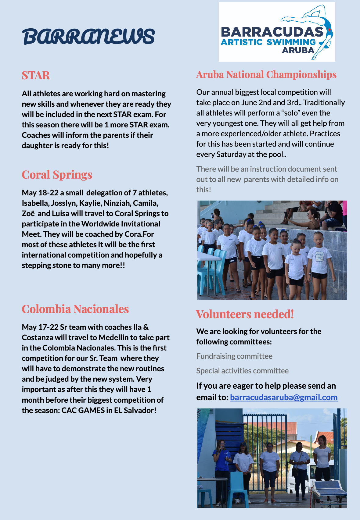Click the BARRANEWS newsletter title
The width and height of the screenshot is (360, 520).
pos(88,37)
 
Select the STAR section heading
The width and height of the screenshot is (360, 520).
pos(36,75)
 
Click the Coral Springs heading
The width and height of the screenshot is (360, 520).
pos(57,175)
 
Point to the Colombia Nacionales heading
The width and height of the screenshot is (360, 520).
pos(75,309)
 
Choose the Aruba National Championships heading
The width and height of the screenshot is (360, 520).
pos(266,75)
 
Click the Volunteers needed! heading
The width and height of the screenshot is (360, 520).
pos(245,314)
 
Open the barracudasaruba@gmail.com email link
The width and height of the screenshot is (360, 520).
pos(284,397)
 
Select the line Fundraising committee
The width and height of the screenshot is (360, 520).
pos(234,356)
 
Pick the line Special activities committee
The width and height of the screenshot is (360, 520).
pos(242,371)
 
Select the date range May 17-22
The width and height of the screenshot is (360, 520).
pos(40,327)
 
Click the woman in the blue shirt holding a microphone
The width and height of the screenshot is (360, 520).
pos(221,457)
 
